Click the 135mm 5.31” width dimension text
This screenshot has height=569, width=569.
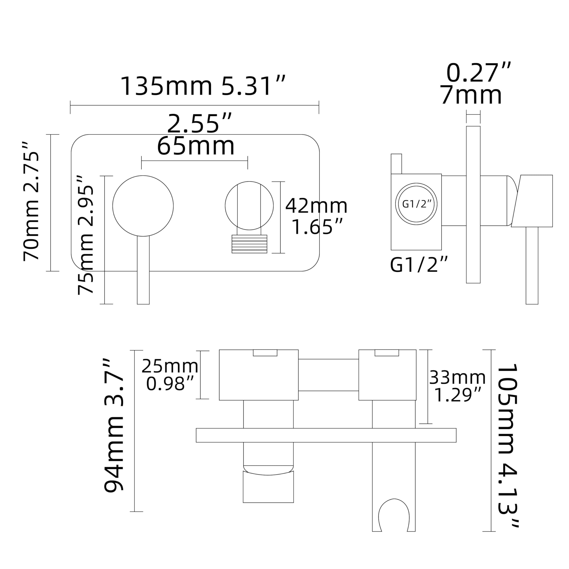click(203, 86)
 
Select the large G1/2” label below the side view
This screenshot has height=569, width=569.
click(419, 265)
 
